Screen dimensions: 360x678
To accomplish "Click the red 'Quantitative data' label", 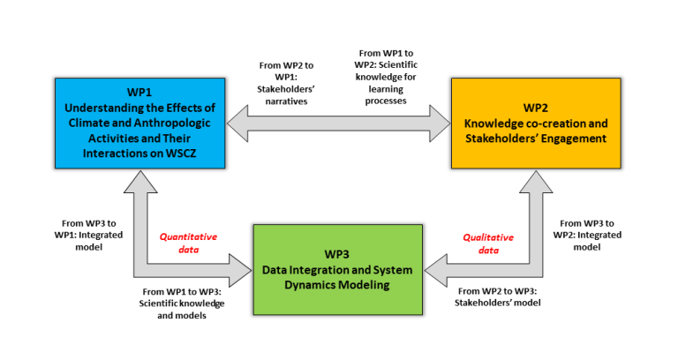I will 187,243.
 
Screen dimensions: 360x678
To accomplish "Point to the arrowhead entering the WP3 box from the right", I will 436,266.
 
